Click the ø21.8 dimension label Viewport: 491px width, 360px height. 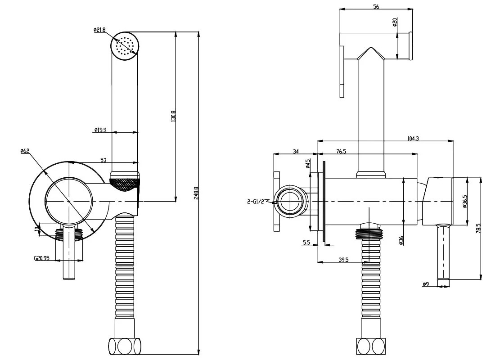[x=99, y=30]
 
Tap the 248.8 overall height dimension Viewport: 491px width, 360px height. [x=196, y=193]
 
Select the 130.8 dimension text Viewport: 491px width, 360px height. [x=173, y=116]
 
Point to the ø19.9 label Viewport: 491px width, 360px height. [x=100, y=130]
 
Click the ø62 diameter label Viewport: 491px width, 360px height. [x=25, y=151]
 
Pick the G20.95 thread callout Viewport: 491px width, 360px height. [x=42, y=258]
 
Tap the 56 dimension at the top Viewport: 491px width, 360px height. [x=376, y=6]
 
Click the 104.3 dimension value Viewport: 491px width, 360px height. [x=413, y=138]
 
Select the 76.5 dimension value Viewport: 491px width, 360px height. [x=341, y=152]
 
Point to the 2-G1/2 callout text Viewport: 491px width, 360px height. [x=256, y=201]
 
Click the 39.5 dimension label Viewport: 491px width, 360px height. [x=343, y=260]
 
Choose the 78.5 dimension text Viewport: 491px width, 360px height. [x=478, y=230]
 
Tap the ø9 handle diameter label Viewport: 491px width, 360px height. [x=426, y=284]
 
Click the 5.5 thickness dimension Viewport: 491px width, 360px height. [x=306, y=242]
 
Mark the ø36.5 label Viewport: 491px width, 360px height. [x=465, y=201]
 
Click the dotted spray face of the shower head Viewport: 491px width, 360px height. [x=125, y=46]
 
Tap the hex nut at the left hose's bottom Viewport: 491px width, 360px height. [x=125, y=346]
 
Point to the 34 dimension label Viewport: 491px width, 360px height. [x=296, y=152]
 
